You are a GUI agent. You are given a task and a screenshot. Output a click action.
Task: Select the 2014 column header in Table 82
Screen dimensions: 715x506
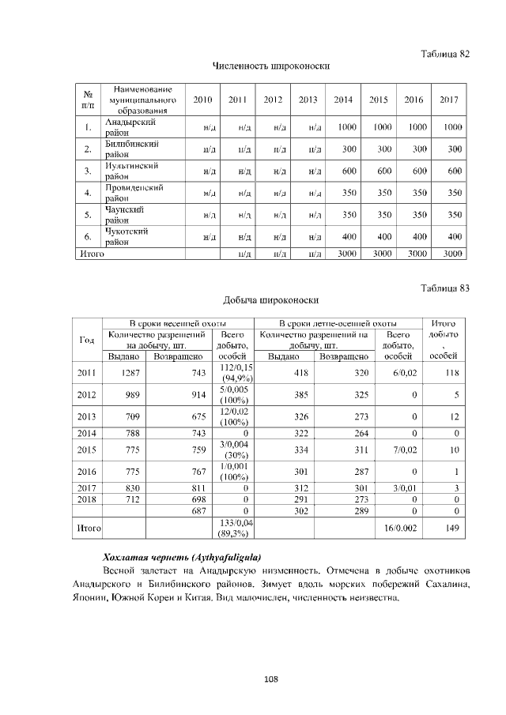click(x=343, y=100)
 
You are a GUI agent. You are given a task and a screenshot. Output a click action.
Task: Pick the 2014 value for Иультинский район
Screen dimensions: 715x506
click(x=343, y=171)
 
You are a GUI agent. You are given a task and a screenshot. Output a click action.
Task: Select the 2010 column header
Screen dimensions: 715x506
click(x=202, y=100)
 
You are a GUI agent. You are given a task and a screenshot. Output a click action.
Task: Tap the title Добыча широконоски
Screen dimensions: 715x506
click(x=271, y=301)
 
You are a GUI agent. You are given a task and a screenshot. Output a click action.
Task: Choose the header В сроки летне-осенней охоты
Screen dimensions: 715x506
click(x=338, y=323)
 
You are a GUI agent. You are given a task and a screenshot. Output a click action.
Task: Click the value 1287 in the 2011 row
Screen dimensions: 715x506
click(x=124, y=373)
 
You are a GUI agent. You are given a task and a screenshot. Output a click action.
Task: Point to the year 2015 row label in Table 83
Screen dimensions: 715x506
click(x=86, y=450)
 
